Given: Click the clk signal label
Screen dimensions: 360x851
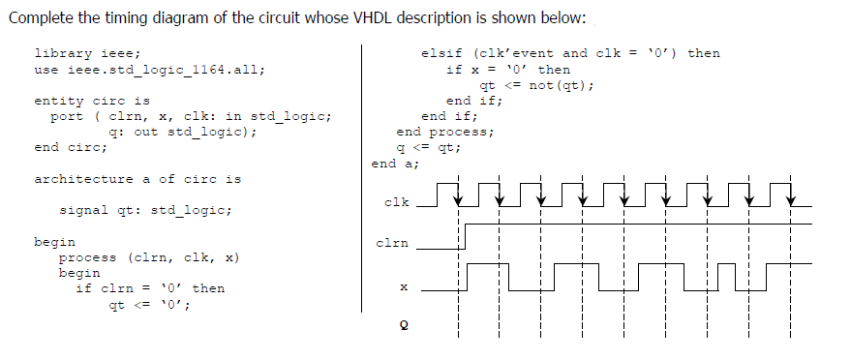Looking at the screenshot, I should tap(396, 203).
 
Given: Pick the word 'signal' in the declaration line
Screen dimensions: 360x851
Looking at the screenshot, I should tap(84, 210).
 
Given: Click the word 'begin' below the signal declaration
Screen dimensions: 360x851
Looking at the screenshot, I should tap(54, 241).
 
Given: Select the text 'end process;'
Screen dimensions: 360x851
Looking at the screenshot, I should tap(445, 132).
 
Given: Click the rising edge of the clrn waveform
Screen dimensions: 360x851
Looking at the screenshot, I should tap(466, 236).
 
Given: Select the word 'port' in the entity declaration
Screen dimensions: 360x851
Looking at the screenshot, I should tap(67, 116).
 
